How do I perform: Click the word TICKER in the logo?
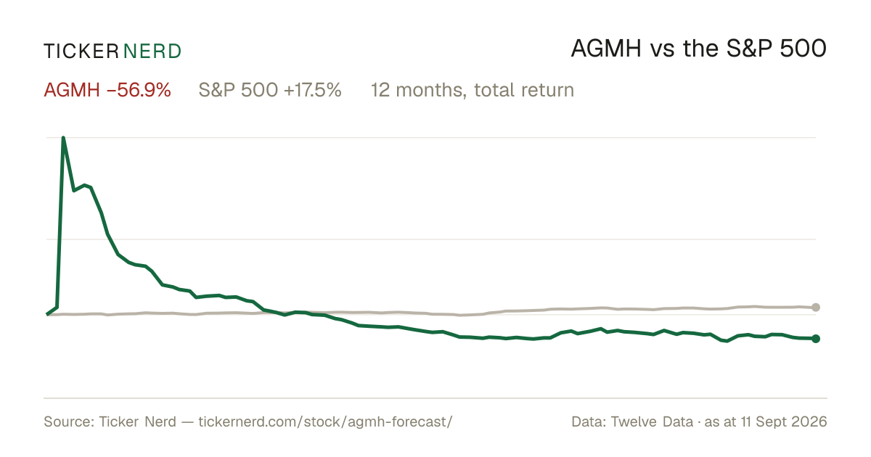[81, 52]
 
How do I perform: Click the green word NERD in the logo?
[152, 52]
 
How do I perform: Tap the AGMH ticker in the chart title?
[606, 49]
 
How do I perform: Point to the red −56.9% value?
[139, 90]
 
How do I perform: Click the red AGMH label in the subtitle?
[72, 90]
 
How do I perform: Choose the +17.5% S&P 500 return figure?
[313, 90]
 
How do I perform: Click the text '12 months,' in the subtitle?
[419, 90]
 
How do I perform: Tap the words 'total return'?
[524, 90]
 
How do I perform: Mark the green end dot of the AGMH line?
[816, 339]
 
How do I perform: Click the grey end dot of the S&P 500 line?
[816, 308]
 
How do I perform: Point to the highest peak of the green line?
[63, 138]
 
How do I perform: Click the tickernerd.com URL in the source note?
[325, 421]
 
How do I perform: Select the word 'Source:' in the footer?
[69, 421]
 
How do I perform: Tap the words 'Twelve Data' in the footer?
[652, 421]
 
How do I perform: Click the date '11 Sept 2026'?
[784, 421]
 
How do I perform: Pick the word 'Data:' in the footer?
[589, 421]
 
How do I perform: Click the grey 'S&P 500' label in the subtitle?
[238, 90]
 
